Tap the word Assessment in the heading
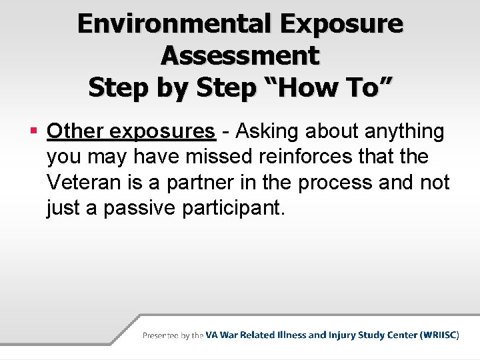(240, 55)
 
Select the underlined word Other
(74, 131)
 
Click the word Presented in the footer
(161, 335)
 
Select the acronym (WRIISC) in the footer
(439, 335)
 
